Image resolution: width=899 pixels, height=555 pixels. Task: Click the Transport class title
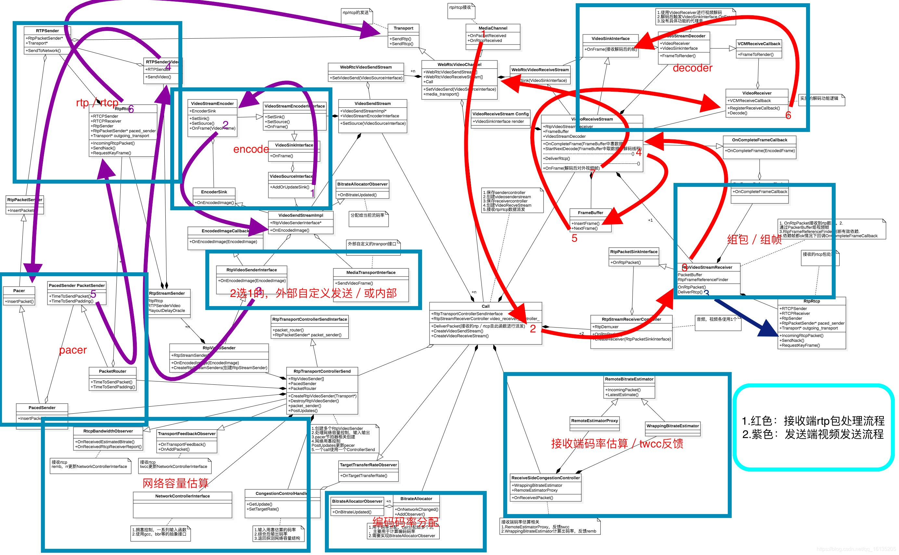pyautogui.click(x=403, y=28)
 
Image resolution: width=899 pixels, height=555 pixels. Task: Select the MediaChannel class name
pyautogui.click(x=493, y=28)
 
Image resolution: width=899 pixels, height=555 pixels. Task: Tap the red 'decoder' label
pyautogui.click(x=692, y=68)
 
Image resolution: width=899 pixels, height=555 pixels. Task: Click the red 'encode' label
pyautogui.click(x=251, y=149)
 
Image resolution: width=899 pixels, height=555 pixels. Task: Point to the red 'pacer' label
pyautogui.click(x=73, y=350)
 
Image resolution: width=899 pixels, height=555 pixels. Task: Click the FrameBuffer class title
pyautogui.click(x=590, y=213)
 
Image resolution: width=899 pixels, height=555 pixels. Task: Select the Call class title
pyautogui.click(x=485, y=306)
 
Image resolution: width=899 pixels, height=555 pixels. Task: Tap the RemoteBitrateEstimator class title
pyautogui.click(x=629, y=379)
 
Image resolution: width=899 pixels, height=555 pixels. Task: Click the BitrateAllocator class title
pyautogui.click(x=416, y=499)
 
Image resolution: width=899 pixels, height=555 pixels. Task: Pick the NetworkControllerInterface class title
pyautogui.click(x=182, y=496)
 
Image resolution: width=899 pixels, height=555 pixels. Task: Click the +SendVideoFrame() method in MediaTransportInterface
pyautogui.click(x=354, y=283)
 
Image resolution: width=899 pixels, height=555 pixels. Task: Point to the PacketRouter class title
pyautogui.click(x=112, y=371)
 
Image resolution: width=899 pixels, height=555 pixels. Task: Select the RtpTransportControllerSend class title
pyautogui.click(x=322, y=371)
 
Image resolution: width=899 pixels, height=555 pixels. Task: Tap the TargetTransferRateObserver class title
pyautogui.click(x=368, y=465)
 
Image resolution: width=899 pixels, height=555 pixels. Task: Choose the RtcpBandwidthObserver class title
pyautogui.click(x=108, y=431)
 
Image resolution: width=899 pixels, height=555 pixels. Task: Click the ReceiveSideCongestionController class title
pyautogui.click(x=545, y=478)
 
